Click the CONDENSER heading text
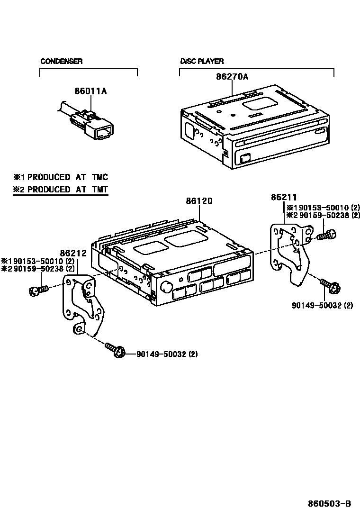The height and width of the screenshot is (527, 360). [x=61, y=61]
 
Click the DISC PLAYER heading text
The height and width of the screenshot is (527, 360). [x=202, y=61]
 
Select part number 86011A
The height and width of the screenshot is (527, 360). [x=90, y=91]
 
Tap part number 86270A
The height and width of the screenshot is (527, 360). [x=232, y=76]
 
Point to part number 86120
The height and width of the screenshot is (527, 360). [x=199, y=201]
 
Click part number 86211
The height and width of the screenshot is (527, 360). [x=284, y=197]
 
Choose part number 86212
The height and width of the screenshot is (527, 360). [x=73, y=253]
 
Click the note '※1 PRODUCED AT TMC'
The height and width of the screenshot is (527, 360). [x=61, y=177]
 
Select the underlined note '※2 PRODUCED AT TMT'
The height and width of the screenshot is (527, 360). [x=61, y=190]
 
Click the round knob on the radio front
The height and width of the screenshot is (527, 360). [x=167, y=286]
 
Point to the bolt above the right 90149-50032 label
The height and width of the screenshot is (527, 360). [x=330, y=286]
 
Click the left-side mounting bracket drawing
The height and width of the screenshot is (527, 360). [x=83, y=306]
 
